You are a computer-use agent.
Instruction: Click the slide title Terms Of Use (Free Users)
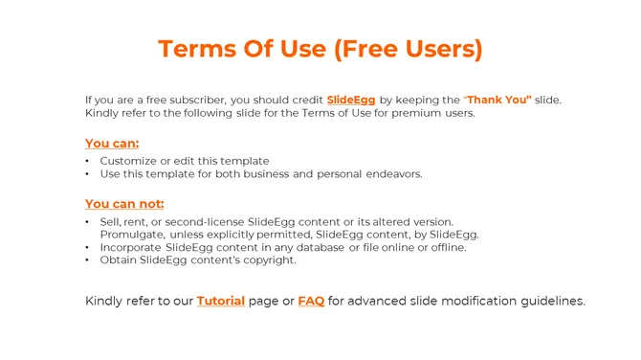(x=320, y=49)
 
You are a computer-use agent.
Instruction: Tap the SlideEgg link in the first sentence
(x=351, y=100)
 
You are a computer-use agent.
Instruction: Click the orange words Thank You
(x=498, y=100)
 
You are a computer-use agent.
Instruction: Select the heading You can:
(x=112, y=144)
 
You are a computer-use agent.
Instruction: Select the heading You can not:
(x=124, y=203)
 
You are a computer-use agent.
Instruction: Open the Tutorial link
(x=220, y=301)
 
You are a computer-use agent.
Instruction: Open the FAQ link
(x=311, y=301)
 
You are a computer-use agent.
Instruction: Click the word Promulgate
(x=132, y=235)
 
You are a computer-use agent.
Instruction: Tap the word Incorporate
(x=133, y=247)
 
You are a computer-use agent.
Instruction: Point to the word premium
(x=414, y=113)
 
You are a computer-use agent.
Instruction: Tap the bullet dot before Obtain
(x=88, y=259)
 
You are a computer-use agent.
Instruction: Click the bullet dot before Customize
(x=88, y=161)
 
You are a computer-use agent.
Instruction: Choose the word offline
(x=447, y=247)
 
